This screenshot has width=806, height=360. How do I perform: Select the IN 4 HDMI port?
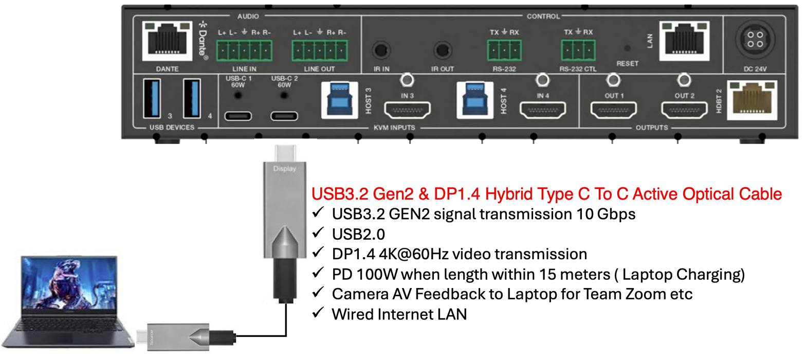543,110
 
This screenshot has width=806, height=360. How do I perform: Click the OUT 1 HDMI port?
613,110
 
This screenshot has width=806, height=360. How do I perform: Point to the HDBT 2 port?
752,100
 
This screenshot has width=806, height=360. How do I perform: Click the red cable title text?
547,194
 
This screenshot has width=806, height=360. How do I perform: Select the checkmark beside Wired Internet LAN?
318,313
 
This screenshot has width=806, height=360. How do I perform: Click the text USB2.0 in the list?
358,234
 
